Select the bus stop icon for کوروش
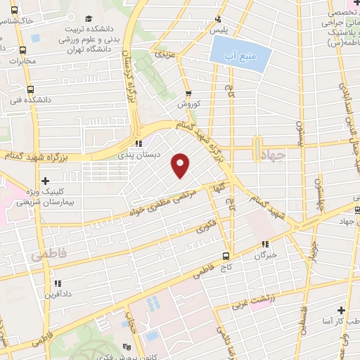(188, 94)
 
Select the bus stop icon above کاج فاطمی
(226, 255)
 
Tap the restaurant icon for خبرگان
(266, 245)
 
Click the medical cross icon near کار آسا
(341, 309)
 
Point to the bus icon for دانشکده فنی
(30, 89)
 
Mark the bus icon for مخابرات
(22, 50)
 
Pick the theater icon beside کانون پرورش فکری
(127, 347)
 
